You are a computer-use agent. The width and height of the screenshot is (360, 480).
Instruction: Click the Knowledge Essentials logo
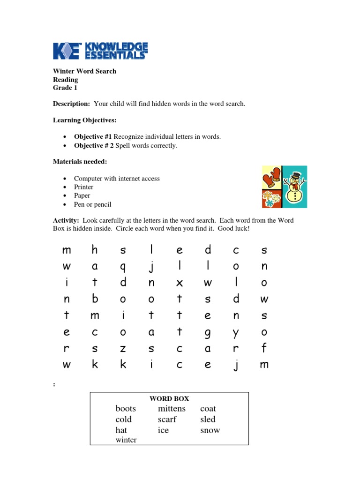point(100,51)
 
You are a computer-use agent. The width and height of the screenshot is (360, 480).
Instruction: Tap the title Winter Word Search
point(84,71)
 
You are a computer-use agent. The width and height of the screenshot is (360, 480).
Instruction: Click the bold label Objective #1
point(93,136)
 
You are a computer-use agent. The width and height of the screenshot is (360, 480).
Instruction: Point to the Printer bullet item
point(83,187)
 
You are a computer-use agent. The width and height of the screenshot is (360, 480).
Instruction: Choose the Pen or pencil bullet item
point(92,204)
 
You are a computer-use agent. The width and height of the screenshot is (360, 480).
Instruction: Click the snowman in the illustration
point(295,187)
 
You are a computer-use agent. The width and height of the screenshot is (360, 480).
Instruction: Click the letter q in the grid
point(123,267)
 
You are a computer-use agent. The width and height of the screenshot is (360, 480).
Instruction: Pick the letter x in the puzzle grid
point(179,283)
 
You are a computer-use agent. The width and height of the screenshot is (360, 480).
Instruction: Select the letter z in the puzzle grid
point(123,348)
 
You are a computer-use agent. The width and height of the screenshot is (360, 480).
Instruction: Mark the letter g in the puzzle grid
point(208,332)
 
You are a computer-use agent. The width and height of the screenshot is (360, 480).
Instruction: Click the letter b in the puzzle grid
point(95,299)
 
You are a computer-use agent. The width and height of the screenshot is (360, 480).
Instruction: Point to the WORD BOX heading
point(169,398)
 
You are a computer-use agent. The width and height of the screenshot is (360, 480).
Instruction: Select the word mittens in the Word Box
point(172,409)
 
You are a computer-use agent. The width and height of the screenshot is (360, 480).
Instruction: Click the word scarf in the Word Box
point(167,420)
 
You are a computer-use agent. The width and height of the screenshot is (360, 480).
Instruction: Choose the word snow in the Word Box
point(210,430)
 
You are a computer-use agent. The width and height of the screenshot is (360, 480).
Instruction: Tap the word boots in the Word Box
point(126,409)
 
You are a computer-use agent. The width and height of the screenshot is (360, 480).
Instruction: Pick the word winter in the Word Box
point(126,440)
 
